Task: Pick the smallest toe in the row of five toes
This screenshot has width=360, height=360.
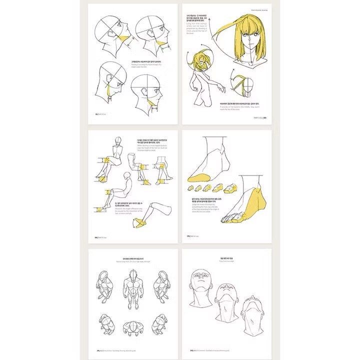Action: coord(191,187)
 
